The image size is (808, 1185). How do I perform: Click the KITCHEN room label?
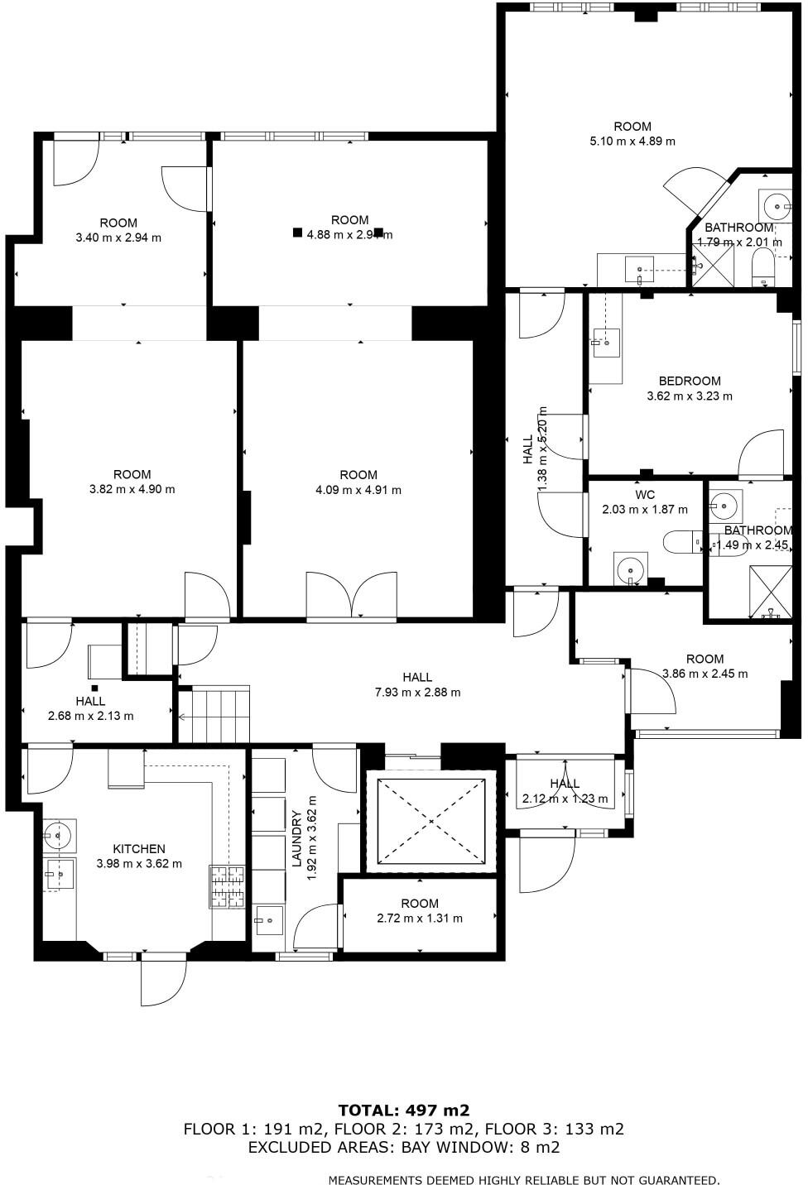tap(139, 848)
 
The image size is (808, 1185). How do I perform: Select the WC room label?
tap(645, 494)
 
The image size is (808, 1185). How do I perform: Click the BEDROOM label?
tap(689, 381)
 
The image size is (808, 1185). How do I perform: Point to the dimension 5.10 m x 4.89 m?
tap(632, 141)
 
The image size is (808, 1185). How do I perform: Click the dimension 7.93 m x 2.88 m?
tap(417, 692)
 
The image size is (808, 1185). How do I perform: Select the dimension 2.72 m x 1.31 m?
tap(419, 918)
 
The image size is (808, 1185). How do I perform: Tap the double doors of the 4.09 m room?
tap(351, 595)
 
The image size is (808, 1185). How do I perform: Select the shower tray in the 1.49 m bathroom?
tap(771, 591)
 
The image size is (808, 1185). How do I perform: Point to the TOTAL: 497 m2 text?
tap(403, 1110)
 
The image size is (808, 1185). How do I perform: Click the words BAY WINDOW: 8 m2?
tap(481, 1147)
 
